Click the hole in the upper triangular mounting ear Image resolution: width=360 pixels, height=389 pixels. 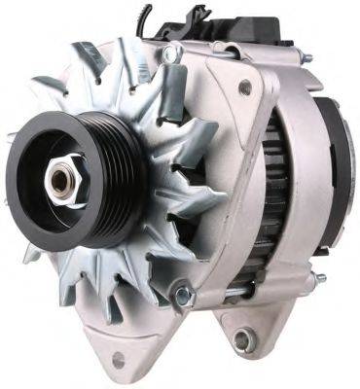tap(244, 88)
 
